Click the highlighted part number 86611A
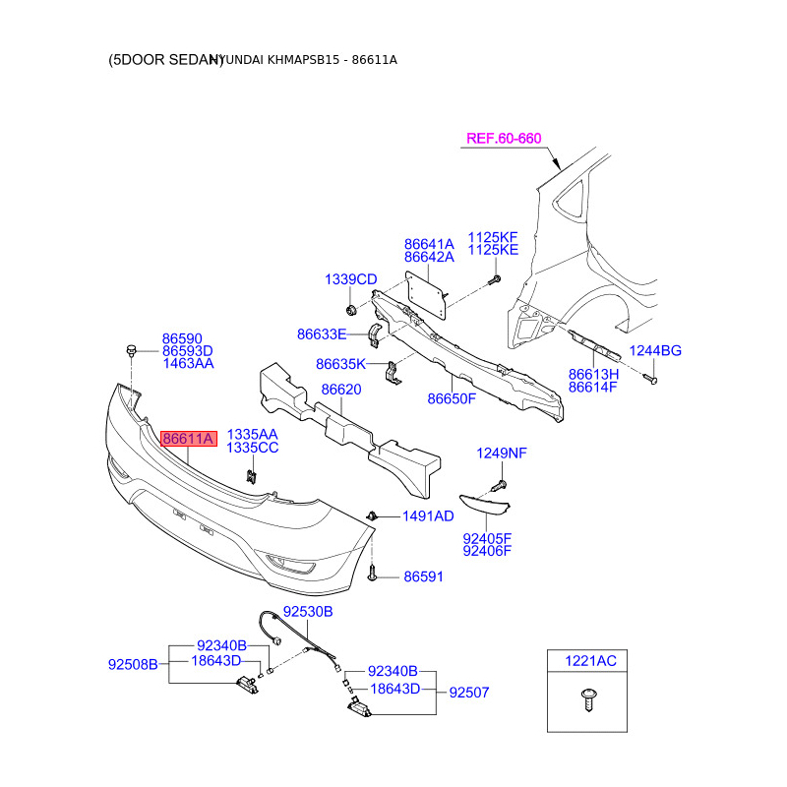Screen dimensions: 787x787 [188, 439]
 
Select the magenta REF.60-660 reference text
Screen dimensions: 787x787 [504, 139]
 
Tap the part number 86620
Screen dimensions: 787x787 [343, 390]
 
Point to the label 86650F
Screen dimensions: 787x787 [452, 398]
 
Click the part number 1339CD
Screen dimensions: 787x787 [351, 280]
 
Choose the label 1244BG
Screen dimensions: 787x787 [656, 351]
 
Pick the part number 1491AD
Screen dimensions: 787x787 [429, 516]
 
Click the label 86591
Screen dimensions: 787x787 [424, 576]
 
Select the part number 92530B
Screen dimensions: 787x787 [308, 612]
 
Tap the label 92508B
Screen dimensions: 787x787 [133, 664]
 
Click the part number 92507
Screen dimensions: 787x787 [469, 693]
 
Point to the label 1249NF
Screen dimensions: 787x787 [503, 454]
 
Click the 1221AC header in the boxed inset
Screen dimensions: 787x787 [589, 661]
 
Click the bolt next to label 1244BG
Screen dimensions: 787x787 [651, 376]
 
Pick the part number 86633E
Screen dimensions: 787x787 [323, 334]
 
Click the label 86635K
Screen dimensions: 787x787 [340, 364]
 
